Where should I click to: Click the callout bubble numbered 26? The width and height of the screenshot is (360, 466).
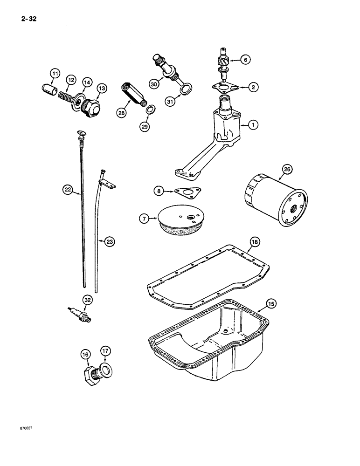(286, 170)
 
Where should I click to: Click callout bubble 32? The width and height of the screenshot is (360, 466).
(87, 300)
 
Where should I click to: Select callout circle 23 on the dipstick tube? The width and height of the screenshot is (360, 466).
(109, 241)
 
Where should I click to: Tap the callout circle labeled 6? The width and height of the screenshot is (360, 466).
(245, 59)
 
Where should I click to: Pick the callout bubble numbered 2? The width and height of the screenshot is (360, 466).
(252, 86)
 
